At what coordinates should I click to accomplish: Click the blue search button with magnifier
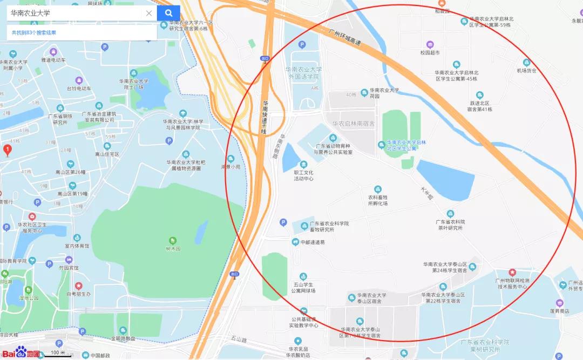click(168, 13)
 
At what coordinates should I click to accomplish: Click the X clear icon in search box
click(149, 13)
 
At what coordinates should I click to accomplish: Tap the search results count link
click(42, 33)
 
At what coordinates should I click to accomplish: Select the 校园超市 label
click(430, 53)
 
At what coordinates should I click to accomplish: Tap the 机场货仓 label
click(526, 70)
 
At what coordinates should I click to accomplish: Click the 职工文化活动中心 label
click(303, 175)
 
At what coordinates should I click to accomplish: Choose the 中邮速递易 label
click(313, 242)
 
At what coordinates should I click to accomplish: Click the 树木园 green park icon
click(173, 240)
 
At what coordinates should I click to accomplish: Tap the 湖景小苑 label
click(231, 167)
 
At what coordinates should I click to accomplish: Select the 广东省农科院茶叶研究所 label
click(450, 225)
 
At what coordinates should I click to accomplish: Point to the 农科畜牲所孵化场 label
click(378, 200)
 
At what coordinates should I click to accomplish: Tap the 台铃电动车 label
click(79, 88)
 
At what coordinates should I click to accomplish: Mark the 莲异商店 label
click(557, 311)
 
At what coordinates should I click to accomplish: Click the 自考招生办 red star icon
click(78, 286)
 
